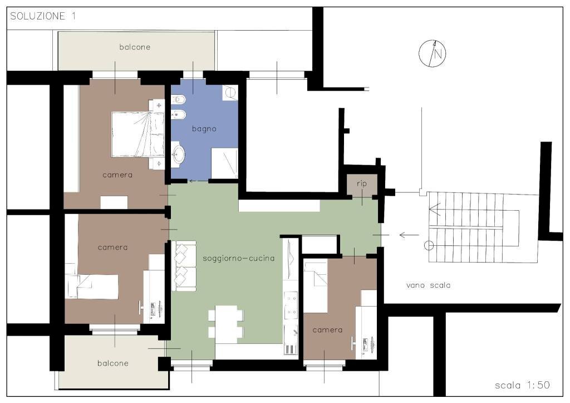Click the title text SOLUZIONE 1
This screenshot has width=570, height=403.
pos(43,16)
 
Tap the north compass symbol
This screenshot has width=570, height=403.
pos(432,54)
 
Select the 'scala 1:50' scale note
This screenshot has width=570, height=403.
pos(522,385)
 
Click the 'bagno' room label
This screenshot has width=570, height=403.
pos(204,129)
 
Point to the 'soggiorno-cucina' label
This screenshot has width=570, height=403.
pos(238,259)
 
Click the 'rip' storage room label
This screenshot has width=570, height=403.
pos(362,184)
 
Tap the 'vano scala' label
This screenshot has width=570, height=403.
pos(428,285)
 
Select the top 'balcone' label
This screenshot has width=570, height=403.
pos(135,47)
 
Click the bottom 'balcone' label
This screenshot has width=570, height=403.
pos(113,363)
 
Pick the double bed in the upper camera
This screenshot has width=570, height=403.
pos(138,135)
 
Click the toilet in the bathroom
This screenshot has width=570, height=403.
pos(179,99)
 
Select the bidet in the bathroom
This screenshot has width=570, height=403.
pos(179,115)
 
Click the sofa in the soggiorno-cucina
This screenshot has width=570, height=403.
pos(184,266)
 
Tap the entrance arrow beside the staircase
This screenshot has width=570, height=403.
pos(409,235)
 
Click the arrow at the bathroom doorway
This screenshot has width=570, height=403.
pos(199,181)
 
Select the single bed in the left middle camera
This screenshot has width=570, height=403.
pos(92,287)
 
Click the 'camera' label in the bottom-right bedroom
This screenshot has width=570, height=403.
pos(327,330)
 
